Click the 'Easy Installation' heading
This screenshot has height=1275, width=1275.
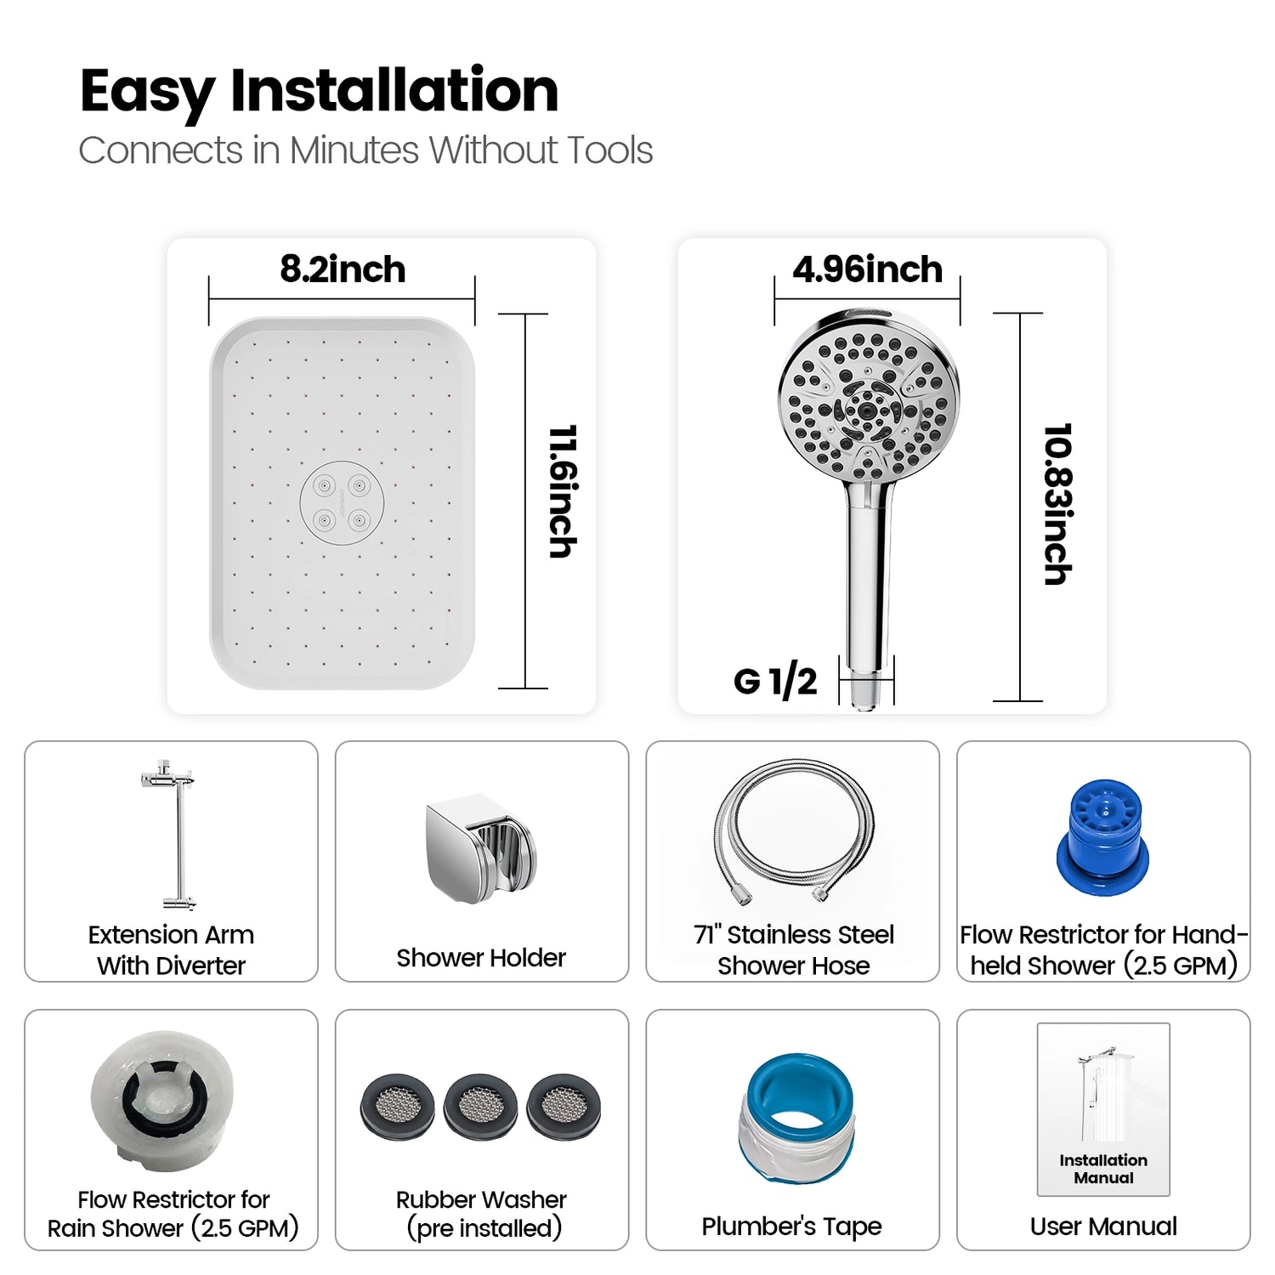[x=319, y=91]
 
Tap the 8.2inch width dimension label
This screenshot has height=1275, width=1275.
[x=343, y=269]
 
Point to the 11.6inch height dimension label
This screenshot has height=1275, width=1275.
[x=563, y=491]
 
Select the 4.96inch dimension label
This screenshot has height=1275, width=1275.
[x=867, y=269]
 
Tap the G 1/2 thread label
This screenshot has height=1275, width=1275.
[x=774, y=681]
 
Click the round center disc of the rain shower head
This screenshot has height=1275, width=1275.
[x=342, y=504]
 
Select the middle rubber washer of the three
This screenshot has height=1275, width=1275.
[x=480, y=1106]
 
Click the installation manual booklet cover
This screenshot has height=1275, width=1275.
[x=1103, y=1109]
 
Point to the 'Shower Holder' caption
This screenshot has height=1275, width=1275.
[x=481, y=958]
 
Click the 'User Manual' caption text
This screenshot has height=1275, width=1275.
[x=1103, y=1227]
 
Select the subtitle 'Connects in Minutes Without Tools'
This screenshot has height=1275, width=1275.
[x=365, y=150]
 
